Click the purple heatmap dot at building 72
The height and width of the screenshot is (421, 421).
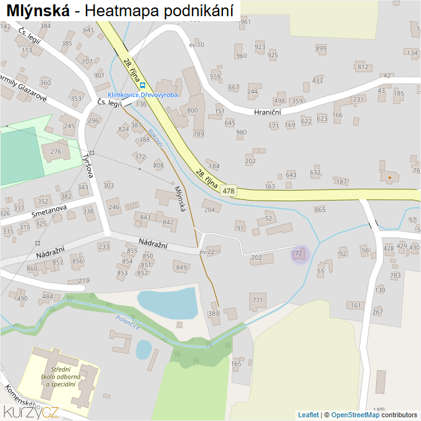click(300, 254)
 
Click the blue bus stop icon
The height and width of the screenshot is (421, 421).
click(143, 85)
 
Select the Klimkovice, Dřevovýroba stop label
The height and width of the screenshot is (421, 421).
click(143, 95)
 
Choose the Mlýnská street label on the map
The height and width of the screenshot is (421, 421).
click(181, 199)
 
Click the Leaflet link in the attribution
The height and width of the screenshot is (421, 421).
click(308, 415)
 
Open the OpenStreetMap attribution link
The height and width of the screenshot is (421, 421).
click(355, 415)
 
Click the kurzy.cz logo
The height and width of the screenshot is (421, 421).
click(31, 411)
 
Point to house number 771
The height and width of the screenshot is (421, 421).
click(258, 301)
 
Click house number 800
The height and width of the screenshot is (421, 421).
click(192, 110)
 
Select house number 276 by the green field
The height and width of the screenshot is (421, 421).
click(56, 151)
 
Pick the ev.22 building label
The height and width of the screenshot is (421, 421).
click(207, 252)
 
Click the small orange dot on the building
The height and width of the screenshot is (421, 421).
click(390, 177)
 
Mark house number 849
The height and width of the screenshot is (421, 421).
click(181, 268)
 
